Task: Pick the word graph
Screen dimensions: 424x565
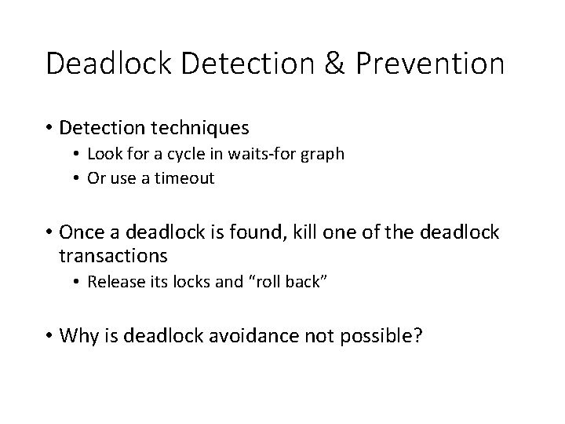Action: click(x=324, y=155)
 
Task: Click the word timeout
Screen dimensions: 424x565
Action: click(x=184, y=178)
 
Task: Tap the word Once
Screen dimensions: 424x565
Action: click(x=80, y=233)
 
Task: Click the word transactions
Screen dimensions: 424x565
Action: click(x=113, y=256)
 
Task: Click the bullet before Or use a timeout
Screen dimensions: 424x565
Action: click(x=78, y=178)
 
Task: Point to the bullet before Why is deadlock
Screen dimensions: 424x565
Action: click(x=49, y=338)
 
